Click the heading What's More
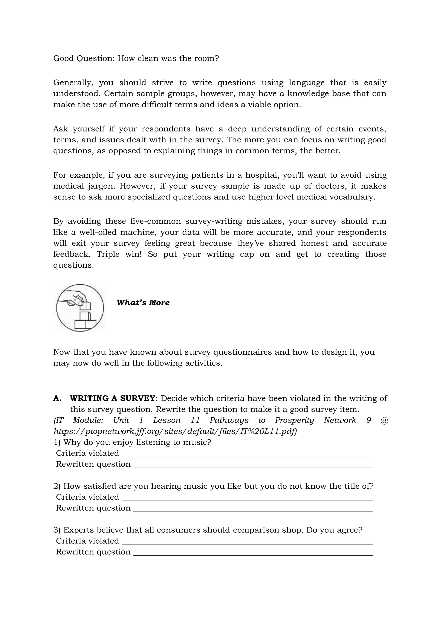click(x=143, y=303)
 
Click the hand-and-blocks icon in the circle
click(x=80, y=308)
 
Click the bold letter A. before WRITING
click(x=57, y=398)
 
